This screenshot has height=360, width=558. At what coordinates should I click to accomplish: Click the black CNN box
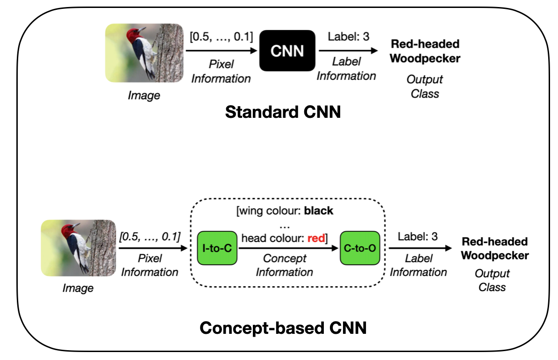coord(287,50)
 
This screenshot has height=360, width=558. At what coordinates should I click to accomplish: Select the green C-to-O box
coord(359,248)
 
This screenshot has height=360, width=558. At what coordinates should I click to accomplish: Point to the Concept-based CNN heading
coord(283,328)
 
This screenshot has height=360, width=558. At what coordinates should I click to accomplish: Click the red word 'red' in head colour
coord(316,238)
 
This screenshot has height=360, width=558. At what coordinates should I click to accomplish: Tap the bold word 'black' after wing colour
coord(319,210)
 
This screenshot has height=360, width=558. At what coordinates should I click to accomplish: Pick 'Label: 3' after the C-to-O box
coord(418,236)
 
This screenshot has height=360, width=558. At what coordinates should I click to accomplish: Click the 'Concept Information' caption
coord(284,265)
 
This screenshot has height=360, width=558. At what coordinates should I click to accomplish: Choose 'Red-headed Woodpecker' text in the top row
coord(425,51)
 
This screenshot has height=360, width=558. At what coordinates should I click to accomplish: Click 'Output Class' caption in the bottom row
coord(492,280)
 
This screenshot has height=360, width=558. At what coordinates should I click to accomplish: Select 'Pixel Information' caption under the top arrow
coord(221,72)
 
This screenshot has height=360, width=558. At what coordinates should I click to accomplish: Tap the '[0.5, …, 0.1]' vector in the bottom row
coord(150,237)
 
